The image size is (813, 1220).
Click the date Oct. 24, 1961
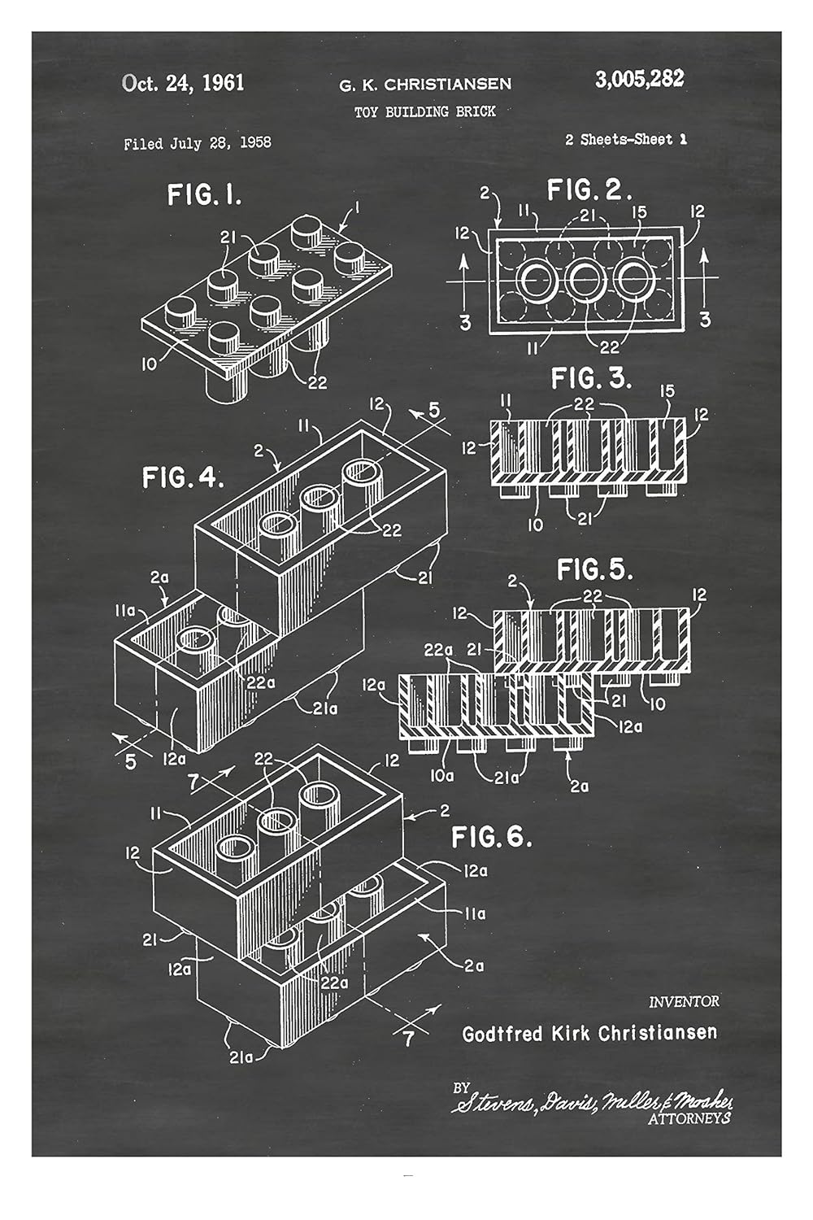tap(183, 83)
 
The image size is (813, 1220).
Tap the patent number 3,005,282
tap(639, 79)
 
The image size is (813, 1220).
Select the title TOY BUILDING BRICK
tap(424, 111)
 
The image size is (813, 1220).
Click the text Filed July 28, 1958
tap(198, 143)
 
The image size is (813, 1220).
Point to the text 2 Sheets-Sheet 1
tap(625, 139)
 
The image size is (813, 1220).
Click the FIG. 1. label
tap(204, 195)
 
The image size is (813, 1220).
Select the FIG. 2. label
tap(589, 190)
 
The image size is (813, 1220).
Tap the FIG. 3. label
tap(591, 378)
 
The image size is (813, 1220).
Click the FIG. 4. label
tap(183, 477)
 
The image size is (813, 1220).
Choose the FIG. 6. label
tap(492, 836)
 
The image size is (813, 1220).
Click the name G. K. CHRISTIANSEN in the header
tap(425, 84)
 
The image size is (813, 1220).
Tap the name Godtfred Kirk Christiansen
tap(589, 1033)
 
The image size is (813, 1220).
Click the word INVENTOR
tap(684, 1002)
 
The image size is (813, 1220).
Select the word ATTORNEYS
tap(689, 1119)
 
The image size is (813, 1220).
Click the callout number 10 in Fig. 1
tap(149, 364)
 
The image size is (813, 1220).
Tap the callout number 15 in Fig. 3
tap(667, 392)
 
